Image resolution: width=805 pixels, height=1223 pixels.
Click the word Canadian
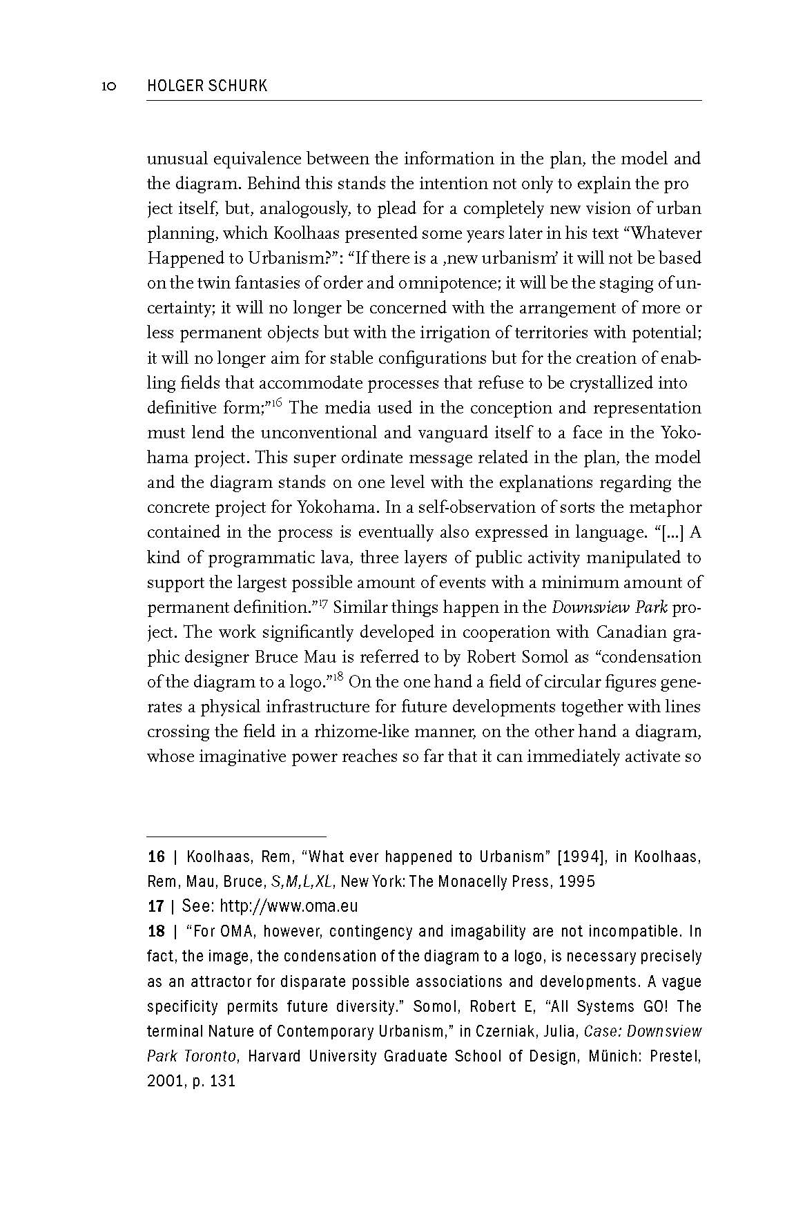point(630,632)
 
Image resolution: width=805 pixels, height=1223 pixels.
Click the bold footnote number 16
point(157,857)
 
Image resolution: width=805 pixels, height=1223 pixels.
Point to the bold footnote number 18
point(157,932)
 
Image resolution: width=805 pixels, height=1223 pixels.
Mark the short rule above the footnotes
point(236,835)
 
